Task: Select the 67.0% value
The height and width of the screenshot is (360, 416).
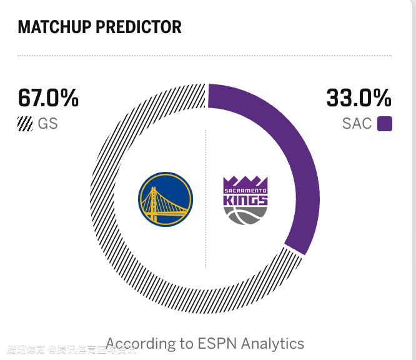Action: [48, 98]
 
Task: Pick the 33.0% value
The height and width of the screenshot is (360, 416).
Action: [359, 98]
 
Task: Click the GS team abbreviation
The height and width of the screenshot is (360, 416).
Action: [47, 123]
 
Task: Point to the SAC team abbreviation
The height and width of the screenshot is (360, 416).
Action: [357, 123]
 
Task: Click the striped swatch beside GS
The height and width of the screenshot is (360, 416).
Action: [25, 123]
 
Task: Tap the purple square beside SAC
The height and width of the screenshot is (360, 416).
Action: [385, 123]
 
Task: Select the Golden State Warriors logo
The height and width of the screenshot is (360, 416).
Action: [166, 199]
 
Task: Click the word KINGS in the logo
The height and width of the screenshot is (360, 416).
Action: [245, 201]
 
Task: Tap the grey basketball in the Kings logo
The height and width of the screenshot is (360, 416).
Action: [245, 215]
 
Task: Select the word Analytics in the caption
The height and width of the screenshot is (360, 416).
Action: [273, 344]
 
